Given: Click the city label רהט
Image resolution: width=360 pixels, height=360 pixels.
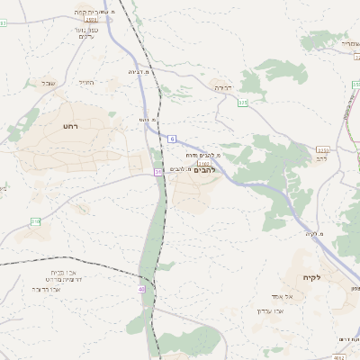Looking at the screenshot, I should click(70, 127).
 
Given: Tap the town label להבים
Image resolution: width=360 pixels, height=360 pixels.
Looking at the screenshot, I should click(206, 169).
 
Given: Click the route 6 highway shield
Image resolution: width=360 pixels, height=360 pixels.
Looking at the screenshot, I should click(171, 139).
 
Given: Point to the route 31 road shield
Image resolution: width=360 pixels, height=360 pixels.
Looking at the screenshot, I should click(158, 171).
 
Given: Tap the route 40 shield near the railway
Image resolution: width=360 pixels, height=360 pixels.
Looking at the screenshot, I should click(140, 289).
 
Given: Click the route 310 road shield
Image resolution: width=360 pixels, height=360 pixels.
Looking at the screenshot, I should click(36, 221).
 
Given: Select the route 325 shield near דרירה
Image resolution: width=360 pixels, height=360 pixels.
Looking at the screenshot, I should click(243, 104).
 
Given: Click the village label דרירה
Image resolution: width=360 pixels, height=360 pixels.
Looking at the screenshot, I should click(223, 87).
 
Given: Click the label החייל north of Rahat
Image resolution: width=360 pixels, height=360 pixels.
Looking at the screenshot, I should click(86, 83).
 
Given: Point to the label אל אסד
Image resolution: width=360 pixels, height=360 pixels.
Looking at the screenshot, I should click(277, 297).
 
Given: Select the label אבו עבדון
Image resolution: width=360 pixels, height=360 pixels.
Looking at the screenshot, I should click(271, 310).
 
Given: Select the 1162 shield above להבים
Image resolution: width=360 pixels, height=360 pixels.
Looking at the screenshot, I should click(203, 162).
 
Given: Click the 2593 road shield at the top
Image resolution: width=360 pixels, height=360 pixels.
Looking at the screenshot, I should click(90, 18).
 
